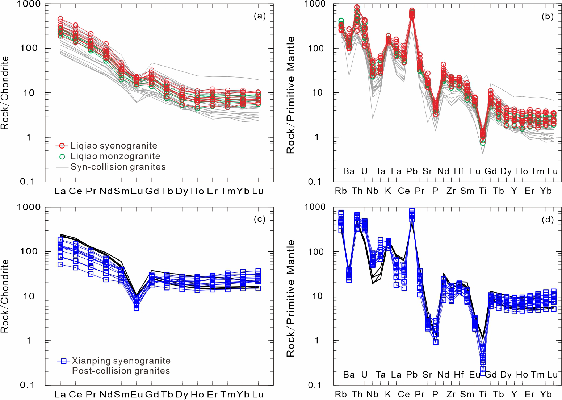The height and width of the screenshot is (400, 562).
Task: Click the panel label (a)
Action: coord(259,16)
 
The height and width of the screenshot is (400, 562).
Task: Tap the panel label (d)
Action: coord(548,220)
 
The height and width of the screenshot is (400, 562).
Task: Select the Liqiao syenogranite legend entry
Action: coord(106,146)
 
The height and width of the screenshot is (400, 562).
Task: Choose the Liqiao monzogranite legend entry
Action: coord(108,156)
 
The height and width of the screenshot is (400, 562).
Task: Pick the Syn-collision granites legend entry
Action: coord(111,167)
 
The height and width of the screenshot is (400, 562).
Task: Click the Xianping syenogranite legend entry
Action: coord(114,361)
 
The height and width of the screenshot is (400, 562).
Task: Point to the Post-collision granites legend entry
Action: coord(114,371)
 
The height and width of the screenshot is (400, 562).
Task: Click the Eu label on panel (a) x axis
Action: coord(137,191)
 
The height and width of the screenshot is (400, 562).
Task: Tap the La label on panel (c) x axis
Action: coord(60,395)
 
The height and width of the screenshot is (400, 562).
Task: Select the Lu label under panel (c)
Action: coord(258,395)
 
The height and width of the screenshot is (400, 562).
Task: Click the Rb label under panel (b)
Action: coord(341,191)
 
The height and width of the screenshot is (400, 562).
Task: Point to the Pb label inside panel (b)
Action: coord(412,171)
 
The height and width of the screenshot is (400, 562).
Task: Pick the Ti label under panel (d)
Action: coord(483,394)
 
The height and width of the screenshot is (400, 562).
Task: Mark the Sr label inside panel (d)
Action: coord(427,375)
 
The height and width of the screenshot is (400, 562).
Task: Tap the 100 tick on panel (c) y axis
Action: coord(30,251)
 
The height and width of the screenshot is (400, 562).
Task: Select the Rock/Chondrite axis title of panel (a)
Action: coord(5,93)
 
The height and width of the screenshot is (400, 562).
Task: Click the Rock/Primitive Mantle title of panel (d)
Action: coord(290,298)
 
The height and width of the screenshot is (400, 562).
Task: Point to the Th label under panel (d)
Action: coord(357,394)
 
